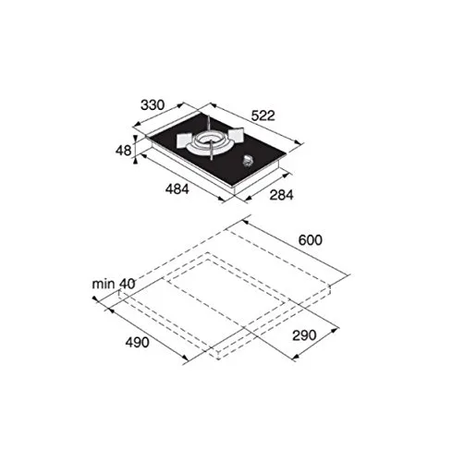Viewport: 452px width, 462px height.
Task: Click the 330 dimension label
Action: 153,105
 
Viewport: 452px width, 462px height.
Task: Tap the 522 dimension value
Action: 263,115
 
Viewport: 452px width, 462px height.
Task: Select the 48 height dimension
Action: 123,151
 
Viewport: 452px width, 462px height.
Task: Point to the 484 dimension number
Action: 177,188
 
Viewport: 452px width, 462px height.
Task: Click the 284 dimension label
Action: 281,195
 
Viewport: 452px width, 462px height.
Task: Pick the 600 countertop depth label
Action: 310,240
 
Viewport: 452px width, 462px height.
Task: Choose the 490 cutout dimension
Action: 137,342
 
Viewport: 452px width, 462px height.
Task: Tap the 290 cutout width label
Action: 304,335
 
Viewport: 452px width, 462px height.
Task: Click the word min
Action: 104,284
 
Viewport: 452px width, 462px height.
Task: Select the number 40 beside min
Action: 127,284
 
